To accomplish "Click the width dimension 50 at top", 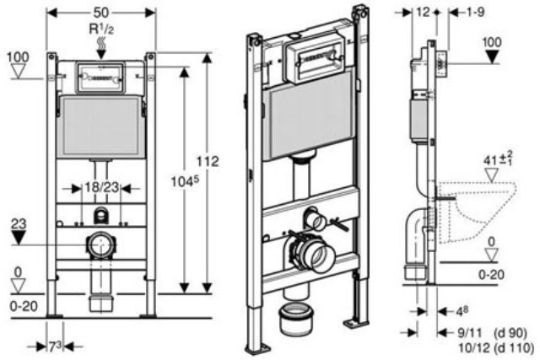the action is [101, 13].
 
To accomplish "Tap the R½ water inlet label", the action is [101, 30].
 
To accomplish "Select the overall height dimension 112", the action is [208, 161].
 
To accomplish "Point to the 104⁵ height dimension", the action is [186, 181].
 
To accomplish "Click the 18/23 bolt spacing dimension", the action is [101, 187].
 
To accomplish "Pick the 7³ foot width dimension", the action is [54, 347].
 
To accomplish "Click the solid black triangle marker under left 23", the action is [19, 238].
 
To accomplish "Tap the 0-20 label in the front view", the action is [24, 306].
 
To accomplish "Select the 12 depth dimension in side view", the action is [423, 13].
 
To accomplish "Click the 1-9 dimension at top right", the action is [476, 13].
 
